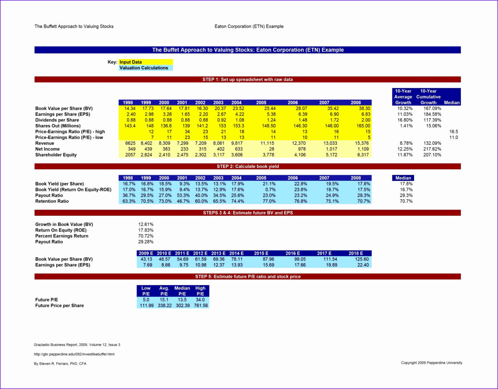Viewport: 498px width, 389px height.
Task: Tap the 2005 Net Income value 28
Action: tap(271, 149)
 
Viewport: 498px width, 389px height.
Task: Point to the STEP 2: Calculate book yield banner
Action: tap(247, 166)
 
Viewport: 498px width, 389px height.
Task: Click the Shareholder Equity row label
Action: tap(56, 155)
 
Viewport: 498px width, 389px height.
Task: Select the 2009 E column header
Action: tap(146, 253)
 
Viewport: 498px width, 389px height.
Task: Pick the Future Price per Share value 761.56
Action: tap(200, 306)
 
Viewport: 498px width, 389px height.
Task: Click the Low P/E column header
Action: tap(146, 291)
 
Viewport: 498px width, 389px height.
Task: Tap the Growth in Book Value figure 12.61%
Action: tap(146, 225)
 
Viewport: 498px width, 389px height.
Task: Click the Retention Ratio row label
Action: tap(52, 201)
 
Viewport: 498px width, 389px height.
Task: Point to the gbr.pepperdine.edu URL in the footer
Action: tap(74, 354)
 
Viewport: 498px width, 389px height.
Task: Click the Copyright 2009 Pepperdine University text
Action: tap(431, 363)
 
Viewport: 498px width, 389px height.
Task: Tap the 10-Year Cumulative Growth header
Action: tap(428, 97)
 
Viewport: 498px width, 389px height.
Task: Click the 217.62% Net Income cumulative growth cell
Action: tap(432, 149)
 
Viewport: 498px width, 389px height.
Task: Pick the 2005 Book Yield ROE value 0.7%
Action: tap(270, 190)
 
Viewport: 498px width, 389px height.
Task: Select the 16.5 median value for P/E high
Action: tap(453, 132)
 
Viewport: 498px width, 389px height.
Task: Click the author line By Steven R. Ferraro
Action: tap(60, 364)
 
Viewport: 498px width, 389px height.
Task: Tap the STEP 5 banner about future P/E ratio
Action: tap(247, 277)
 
